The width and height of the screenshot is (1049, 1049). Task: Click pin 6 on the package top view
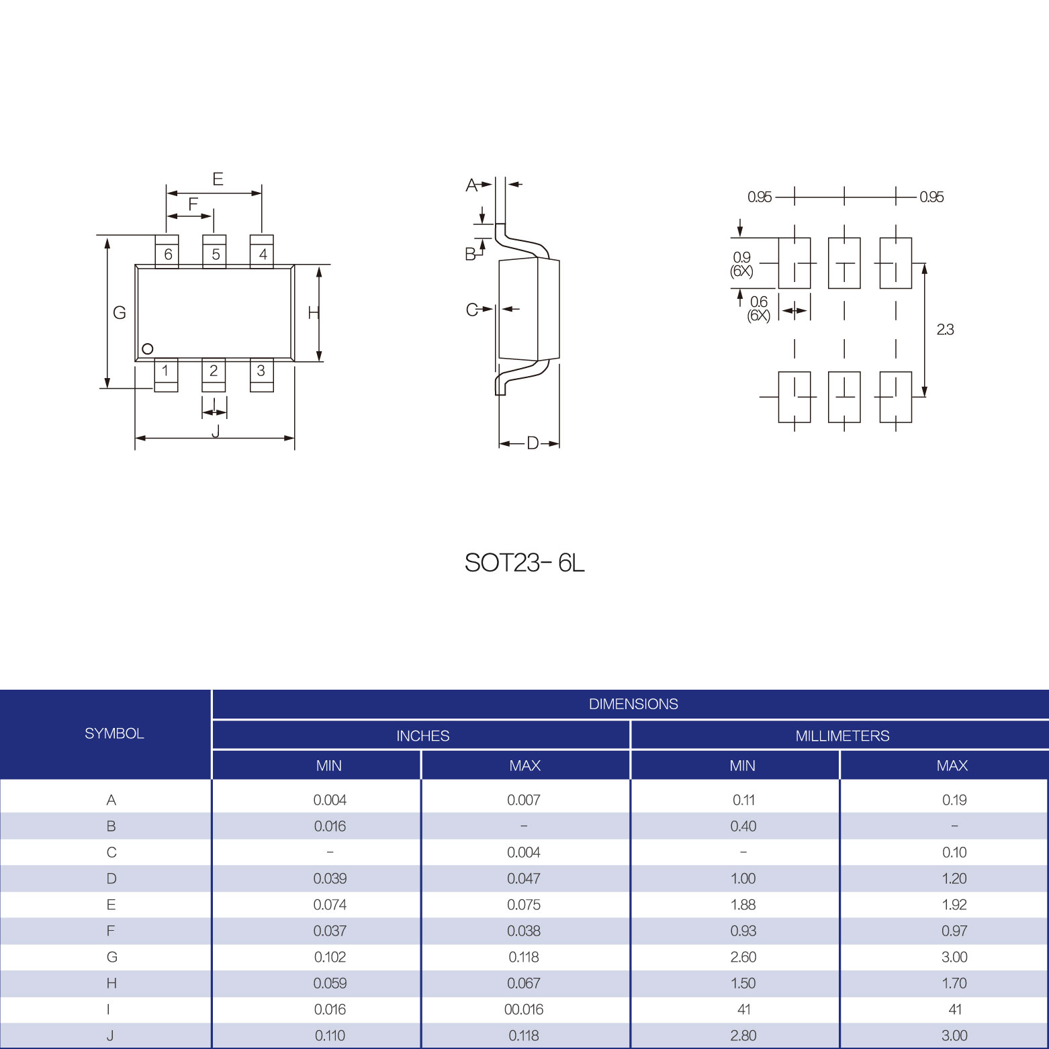167,251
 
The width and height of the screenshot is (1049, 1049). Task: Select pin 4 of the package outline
262,251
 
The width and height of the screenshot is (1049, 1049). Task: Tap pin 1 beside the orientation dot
166,375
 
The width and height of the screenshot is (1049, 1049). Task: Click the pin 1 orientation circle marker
148,349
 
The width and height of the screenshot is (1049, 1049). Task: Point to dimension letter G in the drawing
120,312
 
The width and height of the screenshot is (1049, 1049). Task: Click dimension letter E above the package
218,179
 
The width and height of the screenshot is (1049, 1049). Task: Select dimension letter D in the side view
533,443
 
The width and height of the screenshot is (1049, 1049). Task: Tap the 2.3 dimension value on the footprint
945,330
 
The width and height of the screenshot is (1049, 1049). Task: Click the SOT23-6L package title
524,563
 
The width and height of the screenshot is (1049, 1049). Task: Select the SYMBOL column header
114,733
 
